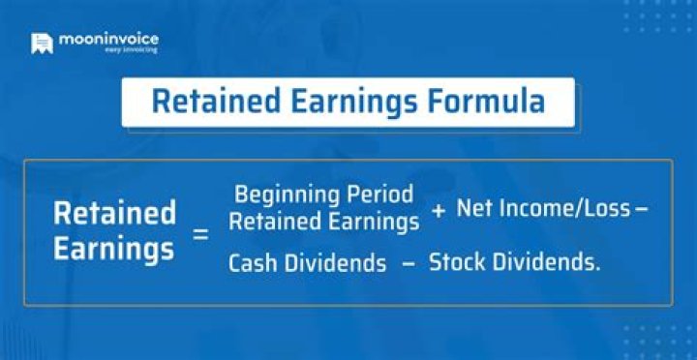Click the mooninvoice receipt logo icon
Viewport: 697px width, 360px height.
41,44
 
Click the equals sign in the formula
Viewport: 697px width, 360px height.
200,232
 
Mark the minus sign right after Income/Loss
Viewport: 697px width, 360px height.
613,208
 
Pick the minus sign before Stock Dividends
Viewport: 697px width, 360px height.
408,261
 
